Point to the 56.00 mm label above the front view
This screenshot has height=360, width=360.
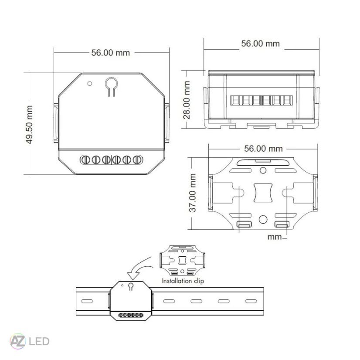click(110, 52)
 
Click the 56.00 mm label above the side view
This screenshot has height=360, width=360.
click(260, 44)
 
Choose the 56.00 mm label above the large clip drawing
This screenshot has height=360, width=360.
click(263, 148)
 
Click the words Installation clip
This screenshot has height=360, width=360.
click(183, 281)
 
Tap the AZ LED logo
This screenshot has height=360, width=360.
click(30, 341)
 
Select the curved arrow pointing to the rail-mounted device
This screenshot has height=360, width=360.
click(139, 267)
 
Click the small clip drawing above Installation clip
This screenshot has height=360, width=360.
click(182, 260)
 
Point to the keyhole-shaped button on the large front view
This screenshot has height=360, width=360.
click(111, 85)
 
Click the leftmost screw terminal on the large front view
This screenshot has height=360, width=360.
click(86, 160)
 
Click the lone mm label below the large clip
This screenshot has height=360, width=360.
click(275, 238)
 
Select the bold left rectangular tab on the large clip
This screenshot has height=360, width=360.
click(244, 224)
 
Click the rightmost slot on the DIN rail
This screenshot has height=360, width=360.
click(250, 301)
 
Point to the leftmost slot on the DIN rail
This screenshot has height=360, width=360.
click(87, 301)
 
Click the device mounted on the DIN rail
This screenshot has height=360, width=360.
click(131, 301)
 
